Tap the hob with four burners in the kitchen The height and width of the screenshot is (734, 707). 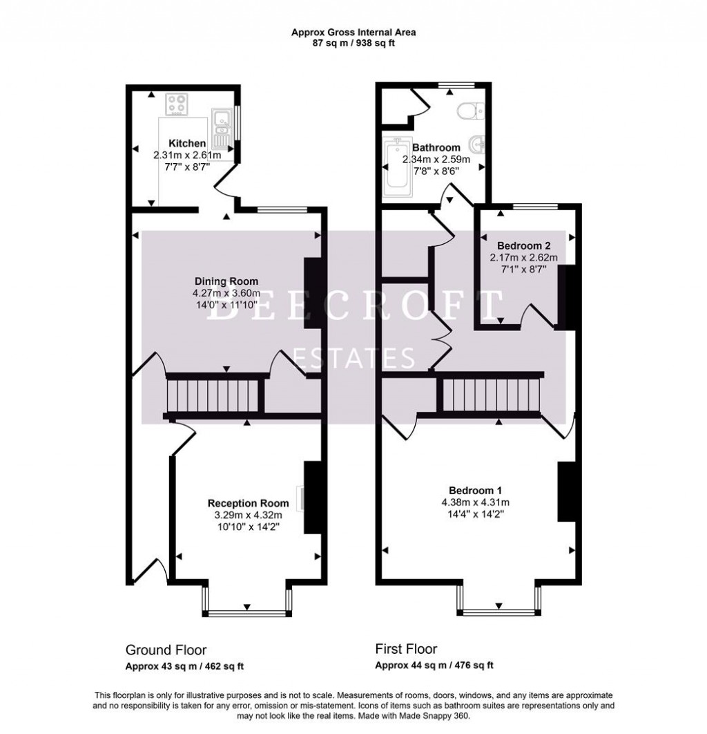[176, 106]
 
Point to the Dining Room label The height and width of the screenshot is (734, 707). [226, 281]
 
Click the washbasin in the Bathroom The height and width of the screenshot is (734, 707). [477, 145]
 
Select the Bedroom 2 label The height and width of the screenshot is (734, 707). [523, 245]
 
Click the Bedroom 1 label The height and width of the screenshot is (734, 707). [476, 490]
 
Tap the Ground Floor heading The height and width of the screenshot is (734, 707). [166, 650]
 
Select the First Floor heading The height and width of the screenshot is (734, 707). [406, 649]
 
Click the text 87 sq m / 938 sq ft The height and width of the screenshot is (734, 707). [353, 43]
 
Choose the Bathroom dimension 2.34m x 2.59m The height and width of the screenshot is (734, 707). [436, 160]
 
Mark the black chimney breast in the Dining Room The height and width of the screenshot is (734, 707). [313, 293]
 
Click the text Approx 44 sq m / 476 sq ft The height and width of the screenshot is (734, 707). [434, 666]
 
